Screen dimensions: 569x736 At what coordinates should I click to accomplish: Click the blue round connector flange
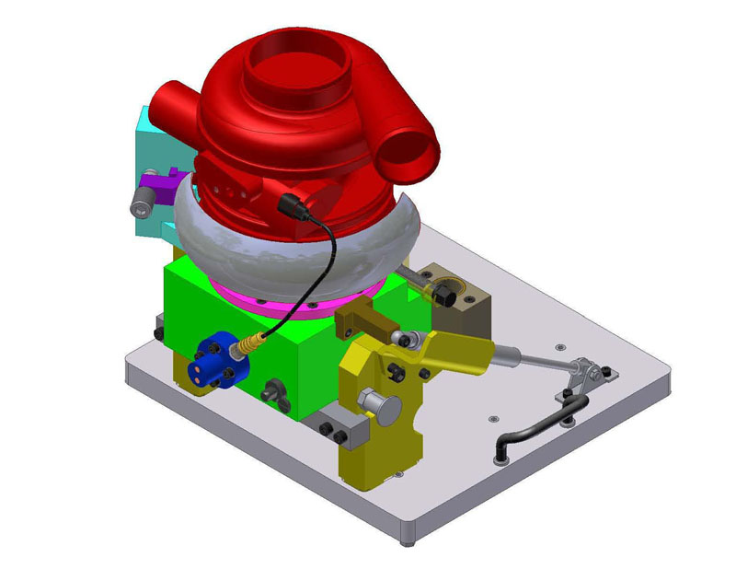tap(216, 362)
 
